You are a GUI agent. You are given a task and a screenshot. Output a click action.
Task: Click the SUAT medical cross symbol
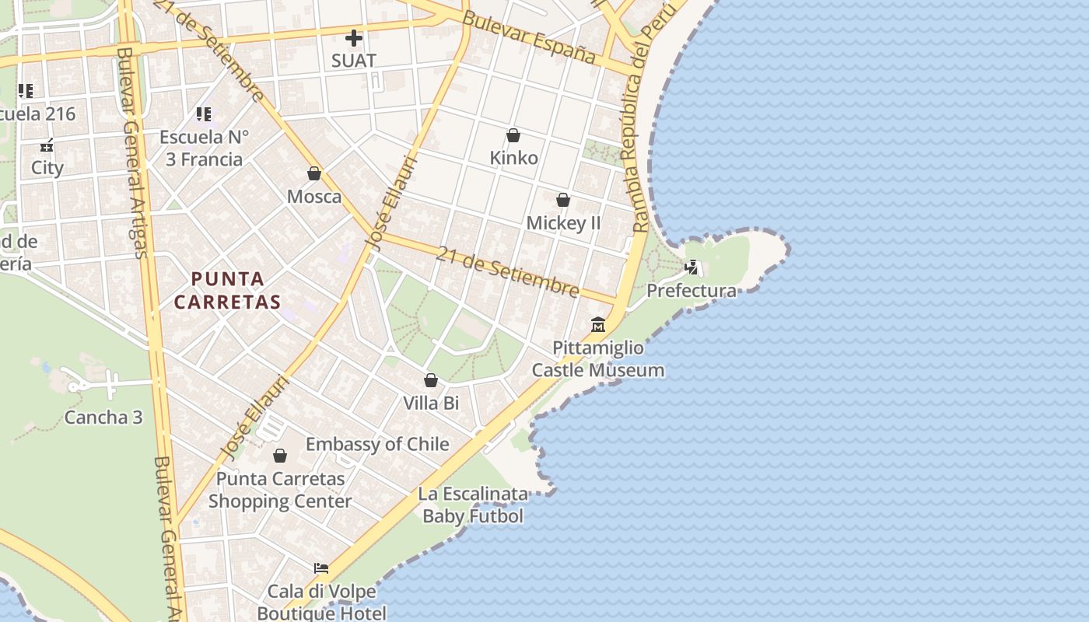click(354, 37)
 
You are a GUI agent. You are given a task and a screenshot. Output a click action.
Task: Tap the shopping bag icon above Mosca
click(314, 173)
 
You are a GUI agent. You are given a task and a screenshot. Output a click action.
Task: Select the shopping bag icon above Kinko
click(513, 135)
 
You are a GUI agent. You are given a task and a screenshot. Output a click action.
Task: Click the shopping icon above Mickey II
click(563, 201)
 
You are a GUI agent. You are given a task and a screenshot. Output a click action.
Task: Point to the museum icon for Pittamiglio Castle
click(598, 324)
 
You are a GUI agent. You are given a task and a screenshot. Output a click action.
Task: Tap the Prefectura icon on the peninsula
click(691, 268)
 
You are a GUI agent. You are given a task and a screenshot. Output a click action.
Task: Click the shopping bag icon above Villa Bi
click(431, 380)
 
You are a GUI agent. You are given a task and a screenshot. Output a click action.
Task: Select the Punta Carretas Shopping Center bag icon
click(280, 456)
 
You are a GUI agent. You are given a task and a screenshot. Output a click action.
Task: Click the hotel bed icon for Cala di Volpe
click(321, 568)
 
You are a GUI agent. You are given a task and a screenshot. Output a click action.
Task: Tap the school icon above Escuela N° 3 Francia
click(204, 115)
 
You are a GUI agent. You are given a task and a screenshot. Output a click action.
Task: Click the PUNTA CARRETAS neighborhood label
click(227, 289)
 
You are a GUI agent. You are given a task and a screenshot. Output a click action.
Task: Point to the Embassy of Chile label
click(377, 444)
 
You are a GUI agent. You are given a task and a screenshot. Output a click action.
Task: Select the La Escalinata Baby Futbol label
click(473, 505)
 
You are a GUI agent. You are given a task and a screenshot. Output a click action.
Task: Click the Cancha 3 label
click(103, 418)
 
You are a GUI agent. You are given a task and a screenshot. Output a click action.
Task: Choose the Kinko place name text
click(513, 158)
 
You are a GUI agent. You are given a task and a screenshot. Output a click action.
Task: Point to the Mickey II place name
click(564, 223)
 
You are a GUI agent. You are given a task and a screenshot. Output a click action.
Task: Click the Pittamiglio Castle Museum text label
click(598, 358)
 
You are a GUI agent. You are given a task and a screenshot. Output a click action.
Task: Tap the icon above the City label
click(47, 145)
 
